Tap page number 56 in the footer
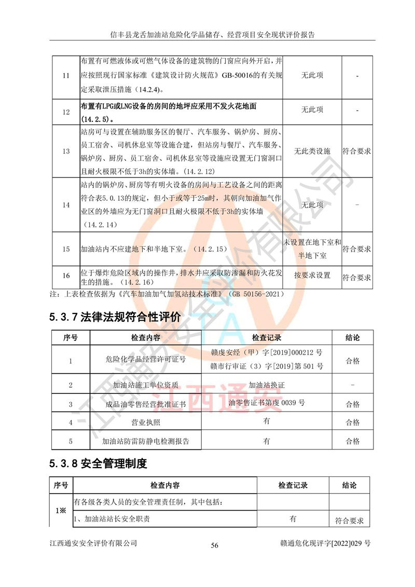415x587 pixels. click(x=214, y=545)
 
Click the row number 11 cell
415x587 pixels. click(x=66, y=76)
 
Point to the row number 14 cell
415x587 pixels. click(x=66, y=205)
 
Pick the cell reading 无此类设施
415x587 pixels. click(x=312, y=152)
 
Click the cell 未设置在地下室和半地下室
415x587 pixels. click(x=312, y=249)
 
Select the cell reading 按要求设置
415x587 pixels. click(x=312, y=275)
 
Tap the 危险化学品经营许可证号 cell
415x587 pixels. click(x=145, y=361)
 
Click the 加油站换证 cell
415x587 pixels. click(x=267, y=386)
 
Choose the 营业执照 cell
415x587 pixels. click(x=145, y=422)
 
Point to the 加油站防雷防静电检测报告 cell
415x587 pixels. click(x=145, y=441)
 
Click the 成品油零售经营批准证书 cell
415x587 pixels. click(x=145, y=404)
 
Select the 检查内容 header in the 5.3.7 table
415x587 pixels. click(x=145, y=337)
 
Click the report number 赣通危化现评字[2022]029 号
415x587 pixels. click(x=325, y=543)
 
